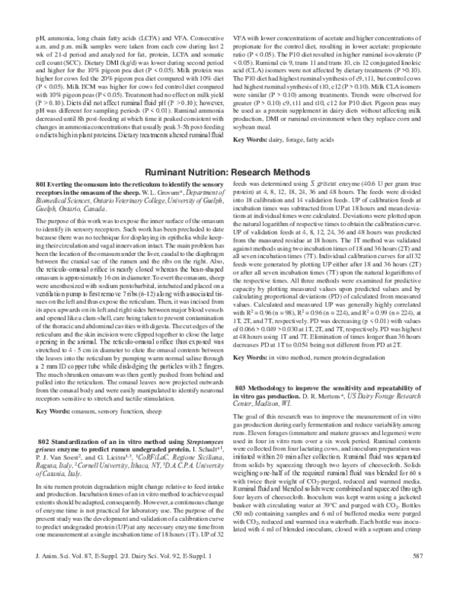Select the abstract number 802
pyautogui.click(x=44, y=442)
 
